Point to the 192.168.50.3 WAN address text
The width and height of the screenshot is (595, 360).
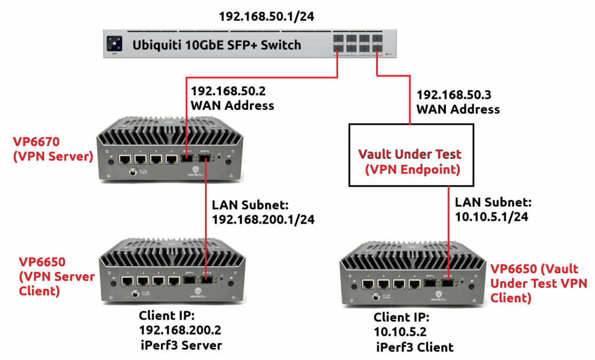(458, 101)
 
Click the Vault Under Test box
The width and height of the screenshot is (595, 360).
(410, 154)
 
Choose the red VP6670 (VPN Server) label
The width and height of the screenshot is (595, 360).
(53, 149)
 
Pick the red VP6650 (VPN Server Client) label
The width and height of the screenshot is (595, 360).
(56, 276)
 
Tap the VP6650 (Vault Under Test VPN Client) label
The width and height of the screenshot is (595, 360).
(539, 283)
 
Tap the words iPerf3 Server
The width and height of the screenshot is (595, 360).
(181, 345)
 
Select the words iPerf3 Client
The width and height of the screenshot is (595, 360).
(413, 347)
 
